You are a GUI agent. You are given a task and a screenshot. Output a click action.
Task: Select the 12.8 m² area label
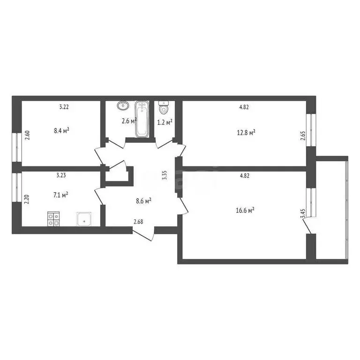click(x=246, y=133)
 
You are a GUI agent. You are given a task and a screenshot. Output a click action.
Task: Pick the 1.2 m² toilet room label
click(x=165, y=121)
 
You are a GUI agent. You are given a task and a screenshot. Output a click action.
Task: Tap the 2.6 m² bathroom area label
click(x=128, y=121)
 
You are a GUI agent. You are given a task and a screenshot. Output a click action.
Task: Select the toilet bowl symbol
click(x=164, y=108)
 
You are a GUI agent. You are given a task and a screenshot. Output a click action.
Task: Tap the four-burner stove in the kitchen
click(x=53, y=219)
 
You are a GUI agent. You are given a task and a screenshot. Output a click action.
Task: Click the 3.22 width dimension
click(x=64, y=107)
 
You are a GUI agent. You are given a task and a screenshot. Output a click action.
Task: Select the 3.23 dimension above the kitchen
click(x=61, y=175)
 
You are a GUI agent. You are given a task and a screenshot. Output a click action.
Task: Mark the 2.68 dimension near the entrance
click(x=138, y=222)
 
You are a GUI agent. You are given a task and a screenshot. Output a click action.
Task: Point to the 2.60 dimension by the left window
click(x=27, y=135)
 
